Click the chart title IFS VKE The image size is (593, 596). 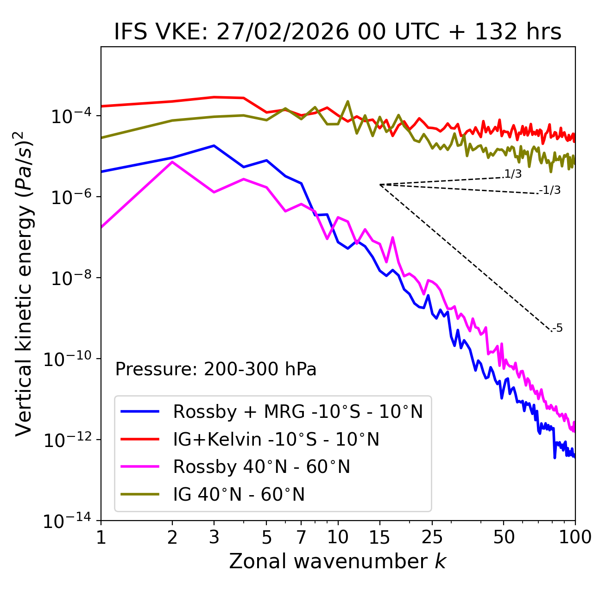[337, 32]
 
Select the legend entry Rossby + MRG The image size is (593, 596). [297, 411]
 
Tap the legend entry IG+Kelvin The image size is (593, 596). [276, 439]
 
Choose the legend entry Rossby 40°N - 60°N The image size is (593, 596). [261, 467]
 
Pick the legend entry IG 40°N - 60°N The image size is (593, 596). [239, 495]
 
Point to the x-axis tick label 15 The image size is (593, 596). [379, 537]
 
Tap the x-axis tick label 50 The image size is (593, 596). [504, 537]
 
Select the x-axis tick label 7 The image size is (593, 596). [301, 537]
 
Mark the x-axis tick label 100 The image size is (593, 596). [575, 537]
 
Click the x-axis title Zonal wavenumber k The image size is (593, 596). [337, 562]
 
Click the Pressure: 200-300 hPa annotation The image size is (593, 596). [215, 370]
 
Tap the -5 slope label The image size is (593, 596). [557, 329]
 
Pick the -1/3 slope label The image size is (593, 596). [550, 190]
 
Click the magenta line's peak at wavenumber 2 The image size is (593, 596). [172, 162]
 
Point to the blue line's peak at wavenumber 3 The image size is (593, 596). [214, 146]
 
